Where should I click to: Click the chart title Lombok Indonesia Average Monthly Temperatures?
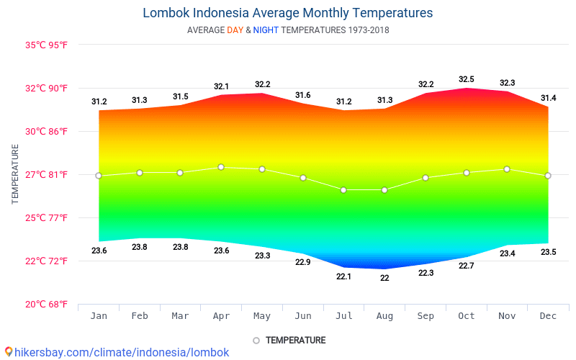pyautogui.click(x=288, y=13)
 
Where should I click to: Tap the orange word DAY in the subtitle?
pyautogui.click(x=235, y=30)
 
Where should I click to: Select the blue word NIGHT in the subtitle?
pyautogui.click(x=266, y=30)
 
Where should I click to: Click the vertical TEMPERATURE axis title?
pyautogui.click(x=15, y=174)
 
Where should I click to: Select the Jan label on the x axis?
pyautogui.click(x=99, y=316)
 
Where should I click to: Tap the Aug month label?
pyautogui.click(x=384, y=316)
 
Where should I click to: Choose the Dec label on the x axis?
pyautogui.click(x=548, y=316)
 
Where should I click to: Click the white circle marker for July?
pyautogui.click(x=343, y=190)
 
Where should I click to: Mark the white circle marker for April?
pyautogui.click(x=221, y=167)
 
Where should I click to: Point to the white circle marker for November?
pyautogui.click(x=507, y=169)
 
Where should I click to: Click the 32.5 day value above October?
pyautogui.click(x=467, y=79)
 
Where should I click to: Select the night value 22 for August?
pyautogui.click(x=384, y=278)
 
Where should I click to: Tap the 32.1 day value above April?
pyautogui.click(x=221, y=86)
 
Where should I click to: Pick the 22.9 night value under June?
pyautogui.click(x=303, y=262)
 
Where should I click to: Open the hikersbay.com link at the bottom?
pyautogui.click(x=122, y=352)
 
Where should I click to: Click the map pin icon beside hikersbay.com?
pyautogui.click(x=9, y=351)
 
